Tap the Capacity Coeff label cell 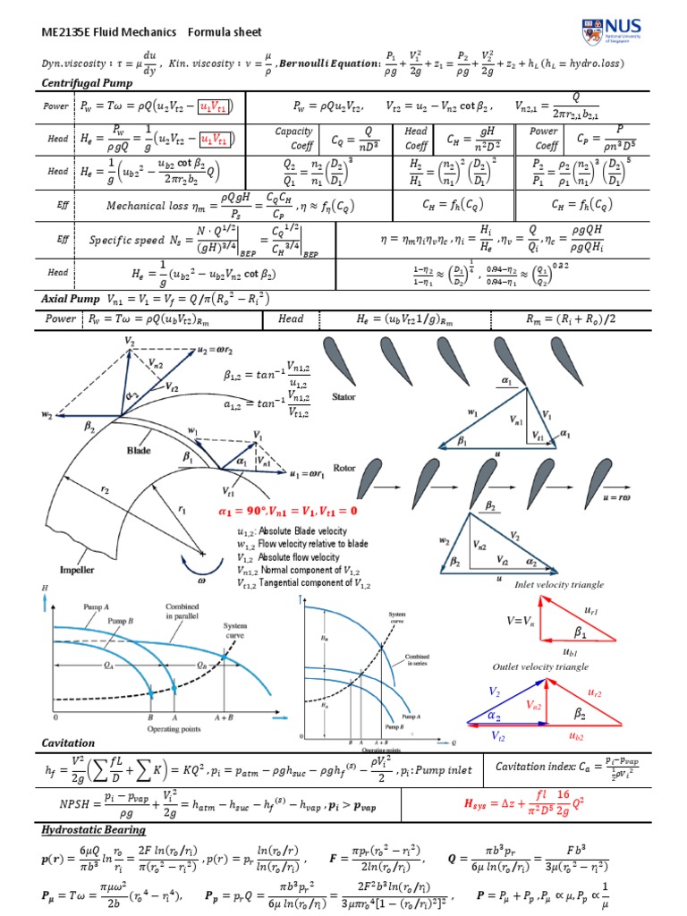point(293,138)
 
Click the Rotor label point(344,468)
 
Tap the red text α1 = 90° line point(287,511)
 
